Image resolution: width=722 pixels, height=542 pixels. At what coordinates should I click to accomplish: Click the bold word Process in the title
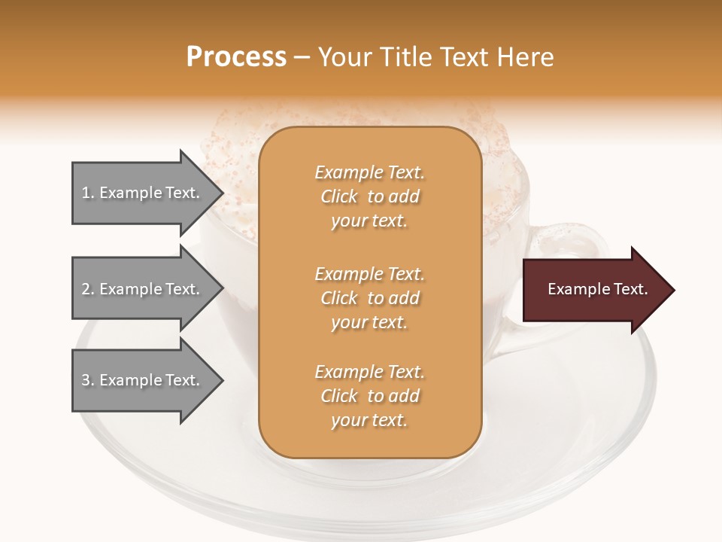[x=236, y=56]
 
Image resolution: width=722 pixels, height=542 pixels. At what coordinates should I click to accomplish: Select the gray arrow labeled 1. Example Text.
[x=143, y=193]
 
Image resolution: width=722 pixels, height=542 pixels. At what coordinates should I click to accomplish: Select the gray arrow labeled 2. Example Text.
[x=143, y=289]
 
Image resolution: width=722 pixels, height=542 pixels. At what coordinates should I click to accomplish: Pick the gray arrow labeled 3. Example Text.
[x=143, y=380]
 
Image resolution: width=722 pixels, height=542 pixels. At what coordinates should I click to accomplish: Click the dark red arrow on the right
[x=594, y=290]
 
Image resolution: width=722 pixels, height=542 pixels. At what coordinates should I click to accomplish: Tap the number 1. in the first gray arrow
[x=88, y=193]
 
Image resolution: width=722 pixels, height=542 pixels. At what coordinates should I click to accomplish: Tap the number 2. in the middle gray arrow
[x=88, y=289]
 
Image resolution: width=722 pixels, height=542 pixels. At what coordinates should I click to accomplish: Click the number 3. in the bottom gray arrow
[x=88, y=380]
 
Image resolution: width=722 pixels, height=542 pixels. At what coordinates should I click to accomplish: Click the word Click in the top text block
[x=339, y=196]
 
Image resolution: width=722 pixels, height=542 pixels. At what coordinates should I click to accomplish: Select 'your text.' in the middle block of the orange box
[x=369, y=322]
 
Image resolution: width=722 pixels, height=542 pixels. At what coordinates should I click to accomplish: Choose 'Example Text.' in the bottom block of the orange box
[x=369, y=372]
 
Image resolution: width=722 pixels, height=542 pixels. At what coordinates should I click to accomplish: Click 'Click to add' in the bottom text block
[x=369, y=396]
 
